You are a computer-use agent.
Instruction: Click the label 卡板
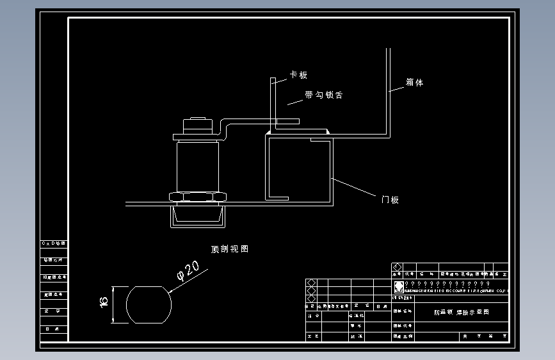(299, 75)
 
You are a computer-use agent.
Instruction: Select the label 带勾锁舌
(323, 95)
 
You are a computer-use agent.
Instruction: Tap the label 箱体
(414, 83)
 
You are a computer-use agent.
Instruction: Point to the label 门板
(390, 200)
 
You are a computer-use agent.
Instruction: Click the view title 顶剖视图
(229, 249)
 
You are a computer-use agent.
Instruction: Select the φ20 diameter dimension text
(188, 271)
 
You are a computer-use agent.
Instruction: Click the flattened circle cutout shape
(149, 304)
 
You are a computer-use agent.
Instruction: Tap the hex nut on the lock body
(197, 196)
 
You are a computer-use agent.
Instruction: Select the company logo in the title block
(399, 286)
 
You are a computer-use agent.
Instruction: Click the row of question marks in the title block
(447, 283)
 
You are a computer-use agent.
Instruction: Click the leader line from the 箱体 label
(397, 88)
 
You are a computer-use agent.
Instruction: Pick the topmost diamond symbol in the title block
(397, 267)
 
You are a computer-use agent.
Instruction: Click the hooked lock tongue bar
(262, 120)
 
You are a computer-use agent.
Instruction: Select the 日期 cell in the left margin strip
(54, 329)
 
